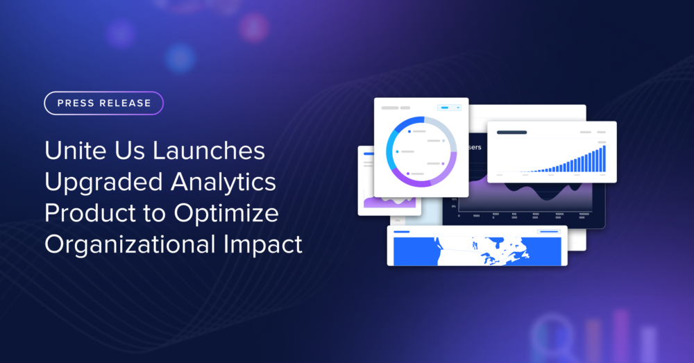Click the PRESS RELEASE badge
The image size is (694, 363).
(104, 103)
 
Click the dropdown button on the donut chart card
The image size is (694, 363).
(450, 108)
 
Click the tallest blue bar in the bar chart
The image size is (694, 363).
(604, 158)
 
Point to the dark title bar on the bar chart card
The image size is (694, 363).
(511, 132)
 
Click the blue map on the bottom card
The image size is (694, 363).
(479, 251)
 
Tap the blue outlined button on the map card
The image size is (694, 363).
(548, 231)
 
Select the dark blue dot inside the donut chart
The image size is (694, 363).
(409, 130)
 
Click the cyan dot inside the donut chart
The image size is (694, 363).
(398, 151)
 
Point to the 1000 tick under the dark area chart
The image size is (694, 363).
(477, 216)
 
